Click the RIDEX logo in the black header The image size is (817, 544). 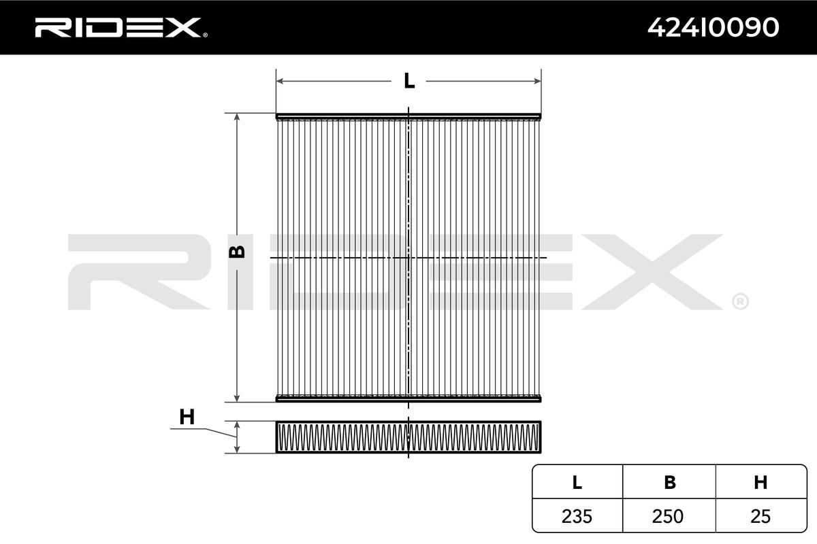pyautogui.click(x=121, y=28)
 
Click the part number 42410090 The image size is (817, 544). pyautogui.click(x=713, y=28)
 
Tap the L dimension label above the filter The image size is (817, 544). pyautogui.click(x=409, y=81)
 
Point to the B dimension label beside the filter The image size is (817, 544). pyautogui.click(x=237, y=252)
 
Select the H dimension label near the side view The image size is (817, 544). pyautogui.click(x=187, y=417)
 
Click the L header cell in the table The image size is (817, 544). pyautogui.click(x=577, y=482)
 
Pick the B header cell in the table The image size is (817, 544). pyautogui.click(x=670, y=482)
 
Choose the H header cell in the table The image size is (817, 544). pyautogui.click(x=760, y=482)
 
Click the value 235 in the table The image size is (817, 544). pyautogui.click(x=577, y=516)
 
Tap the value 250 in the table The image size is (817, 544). pyautogui.click(x=668, y=516)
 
